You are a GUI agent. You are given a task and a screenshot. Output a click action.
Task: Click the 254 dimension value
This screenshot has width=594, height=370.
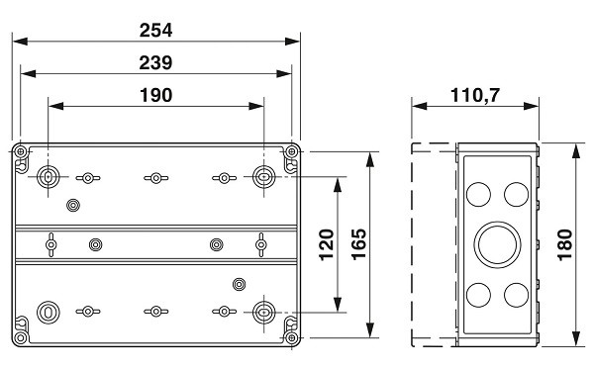[x=155, y=31]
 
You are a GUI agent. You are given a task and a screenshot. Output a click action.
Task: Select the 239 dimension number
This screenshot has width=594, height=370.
[x=155, y=63]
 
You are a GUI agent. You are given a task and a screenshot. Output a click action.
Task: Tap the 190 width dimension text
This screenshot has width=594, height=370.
[x=156, y=95]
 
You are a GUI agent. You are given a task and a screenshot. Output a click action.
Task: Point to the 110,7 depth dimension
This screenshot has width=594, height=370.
[x=475, y=95]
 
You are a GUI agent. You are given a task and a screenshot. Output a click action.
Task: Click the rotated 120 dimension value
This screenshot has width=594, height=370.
[x=327, y=244]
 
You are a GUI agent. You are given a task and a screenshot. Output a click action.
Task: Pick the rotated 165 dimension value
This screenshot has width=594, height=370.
[x=358, y=244]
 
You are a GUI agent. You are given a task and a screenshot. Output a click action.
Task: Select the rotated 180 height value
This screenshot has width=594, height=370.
[x=564, y=244]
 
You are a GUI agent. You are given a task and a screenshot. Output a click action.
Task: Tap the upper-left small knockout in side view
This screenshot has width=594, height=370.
[x=478, y=194]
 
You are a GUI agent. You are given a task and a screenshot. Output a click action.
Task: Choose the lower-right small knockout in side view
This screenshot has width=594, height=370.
[x=516, y=295]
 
